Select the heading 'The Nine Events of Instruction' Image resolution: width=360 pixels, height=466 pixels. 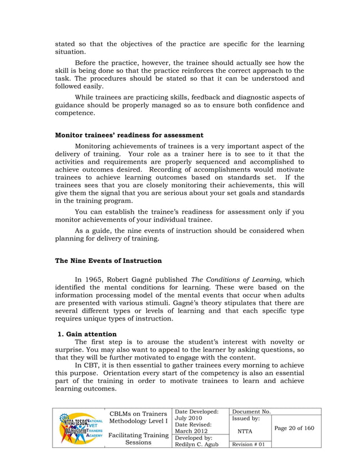pyautogui.click(x=108, y=261)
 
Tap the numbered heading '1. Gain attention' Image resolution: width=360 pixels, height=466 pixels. pyautogui.click(x=88, y=334)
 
